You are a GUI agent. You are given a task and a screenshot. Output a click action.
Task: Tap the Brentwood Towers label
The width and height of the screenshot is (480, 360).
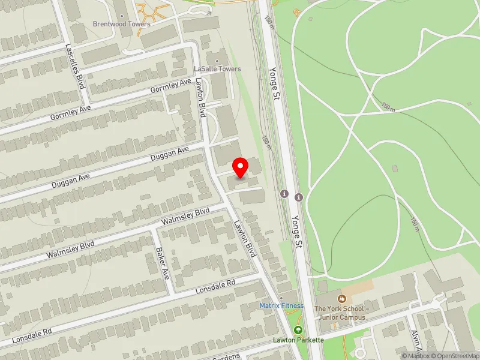(121, 24)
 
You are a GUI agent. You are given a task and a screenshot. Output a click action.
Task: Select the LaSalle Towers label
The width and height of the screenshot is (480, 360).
(217, 69)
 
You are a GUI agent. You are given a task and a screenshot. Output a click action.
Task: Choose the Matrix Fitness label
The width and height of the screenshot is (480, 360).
(281, 305)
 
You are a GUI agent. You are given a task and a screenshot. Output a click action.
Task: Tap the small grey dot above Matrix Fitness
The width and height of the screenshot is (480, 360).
(281, 298)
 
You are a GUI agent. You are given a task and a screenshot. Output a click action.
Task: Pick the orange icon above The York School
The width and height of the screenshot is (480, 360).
(342, 298)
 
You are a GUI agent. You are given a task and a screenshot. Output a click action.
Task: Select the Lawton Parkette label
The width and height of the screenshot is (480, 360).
(298, 340)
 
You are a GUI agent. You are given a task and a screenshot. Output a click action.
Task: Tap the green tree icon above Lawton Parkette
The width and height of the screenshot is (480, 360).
(298, 330)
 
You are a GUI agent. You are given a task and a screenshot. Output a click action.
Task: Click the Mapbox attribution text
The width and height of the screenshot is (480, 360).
(415, 356)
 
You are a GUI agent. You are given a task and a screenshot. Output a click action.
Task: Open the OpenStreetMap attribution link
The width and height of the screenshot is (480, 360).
(454, 356)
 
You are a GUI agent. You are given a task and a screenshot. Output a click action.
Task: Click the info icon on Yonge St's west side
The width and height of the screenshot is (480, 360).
(284, 194)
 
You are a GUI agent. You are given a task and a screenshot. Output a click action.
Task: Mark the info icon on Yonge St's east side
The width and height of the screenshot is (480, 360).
(299, 197)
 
